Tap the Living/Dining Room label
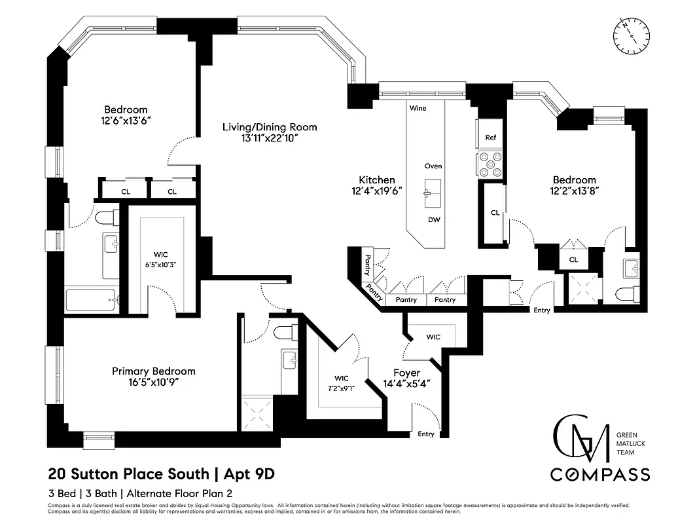click(x=269, y=126)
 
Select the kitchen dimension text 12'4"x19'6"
click(x=376, y=191)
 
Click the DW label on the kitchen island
click(x=433, y=220)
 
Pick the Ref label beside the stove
click(x=490, y=138)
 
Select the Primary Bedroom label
click(x=153, y=371)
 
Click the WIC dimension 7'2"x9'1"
click(x=342, y=388)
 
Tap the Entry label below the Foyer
click(x=425, y=434)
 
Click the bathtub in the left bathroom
click(x=92, y=301)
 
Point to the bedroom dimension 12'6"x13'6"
click(x=126, y=121)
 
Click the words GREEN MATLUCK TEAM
click(x=632, y=442)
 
